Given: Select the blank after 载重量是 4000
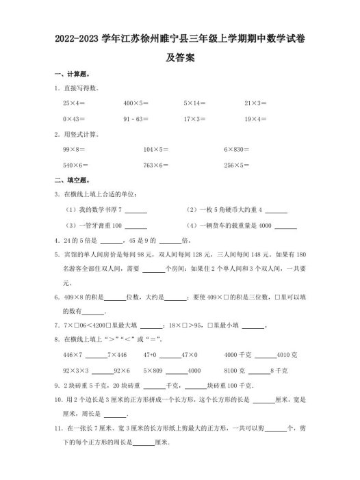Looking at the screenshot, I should pos(286,226).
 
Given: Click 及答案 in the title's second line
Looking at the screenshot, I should pos(181,57).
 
